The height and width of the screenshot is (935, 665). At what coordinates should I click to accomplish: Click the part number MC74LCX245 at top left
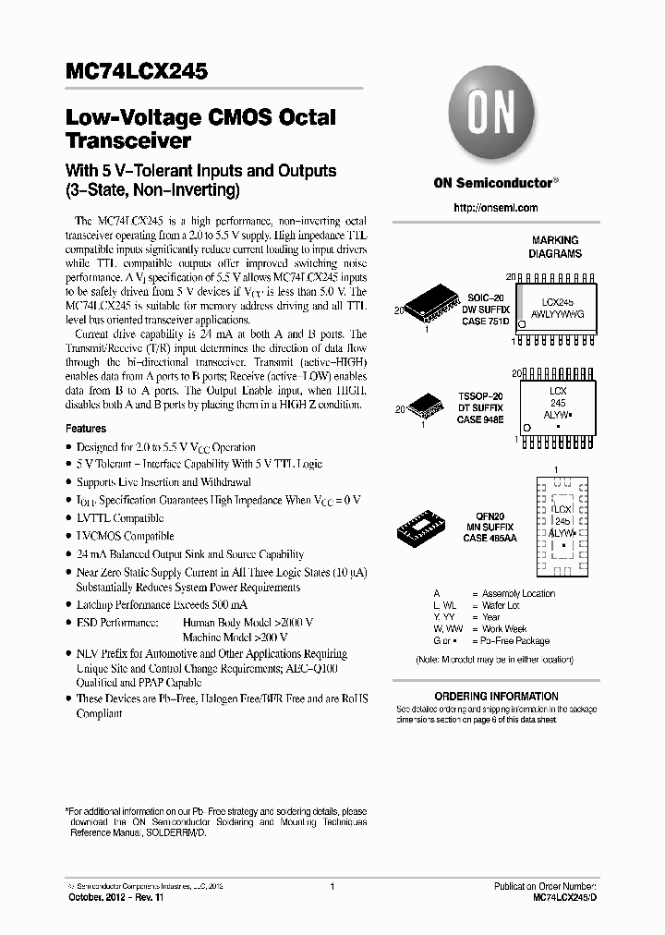click(137, 71)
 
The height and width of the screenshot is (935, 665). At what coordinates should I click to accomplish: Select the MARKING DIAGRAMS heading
click(554, 247)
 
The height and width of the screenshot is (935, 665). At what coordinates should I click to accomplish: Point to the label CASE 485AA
click(489, 538)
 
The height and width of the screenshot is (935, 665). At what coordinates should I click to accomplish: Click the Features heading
click(86, 429)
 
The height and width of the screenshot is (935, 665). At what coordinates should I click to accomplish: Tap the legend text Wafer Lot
click(502, 606)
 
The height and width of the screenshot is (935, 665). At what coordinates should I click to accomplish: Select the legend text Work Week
click(504, 629)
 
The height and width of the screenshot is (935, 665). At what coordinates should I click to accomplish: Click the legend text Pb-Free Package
click(515, 641)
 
